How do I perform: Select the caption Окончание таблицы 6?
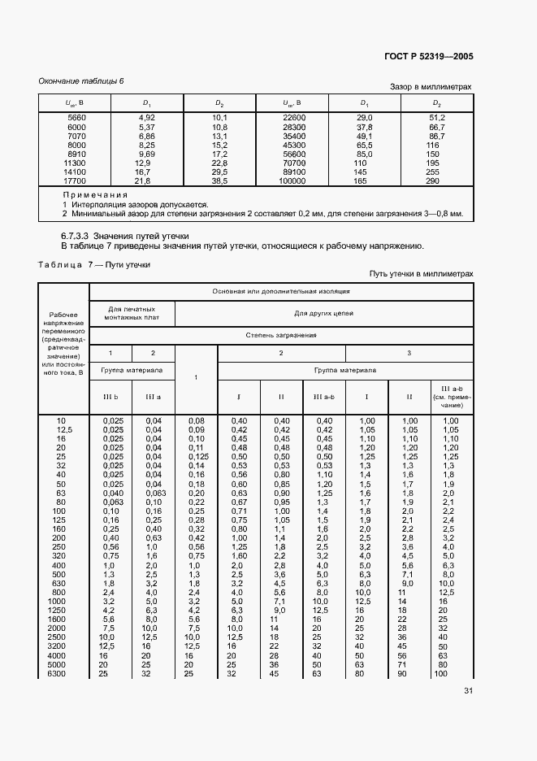coord(81,80)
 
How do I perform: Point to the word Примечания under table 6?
coord(95,195)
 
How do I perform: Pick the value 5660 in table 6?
coord(76,118)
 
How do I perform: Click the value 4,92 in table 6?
coord(147,118)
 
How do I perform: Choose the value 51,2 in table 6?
coord(437,118)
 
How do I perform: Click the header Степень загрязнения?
coord(281,334)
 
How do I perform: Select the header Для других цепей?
coord(323,312)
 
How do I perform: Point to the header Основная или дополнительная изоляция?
coord(281,290)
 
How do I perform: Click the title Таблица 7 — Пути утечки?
coord(94,264)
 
